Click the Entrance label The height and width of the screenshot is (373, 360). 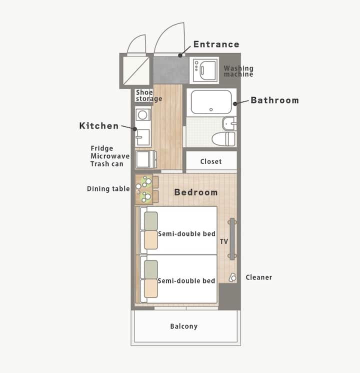click(x=216, y=44)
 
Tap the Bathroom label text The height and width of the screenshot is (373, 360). click(x=275, y=100)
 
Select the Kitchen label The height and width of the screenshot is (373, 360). click(x=99, y=126)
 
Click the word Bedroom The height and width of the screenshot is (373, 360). click(x=196, y=192)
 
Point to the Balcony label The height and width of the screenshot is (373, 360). click(x=183, y=326)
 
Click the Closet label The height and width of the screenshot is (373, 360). click(x=211, y=161)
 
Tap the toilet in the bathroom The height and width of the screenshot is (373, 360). click(x=223, y=139)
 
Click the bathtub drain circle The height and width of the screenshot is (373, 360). click(x=211, y=109)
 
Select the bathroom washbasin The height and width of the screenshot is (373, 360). click(x=229, y=123)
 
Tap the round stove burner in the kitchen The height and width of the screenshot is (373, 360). click(x=142, y=115)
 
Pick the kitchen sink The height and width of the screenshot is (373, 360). click(x=142, y=137)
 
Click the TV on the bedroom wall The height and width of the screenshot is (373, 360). click(x=232, y=239)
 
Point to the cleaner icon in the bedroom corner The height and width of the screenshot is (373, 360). click(x=232, y=277)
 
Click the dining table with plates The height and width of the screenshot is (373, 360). click(x=143, y=189)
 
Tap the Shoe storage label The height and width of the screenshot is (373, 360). click(x=149, y=95)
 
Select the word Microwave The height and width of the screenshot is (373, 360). click(x=110, y=156)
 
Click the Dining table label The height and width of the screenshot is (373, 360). click(x=108, y=189)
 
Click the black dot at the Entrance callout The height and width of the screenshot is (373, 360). click(x=180, y=55)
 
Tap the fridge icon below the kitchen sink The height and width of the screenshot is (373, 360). click(x=146, y=159)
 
